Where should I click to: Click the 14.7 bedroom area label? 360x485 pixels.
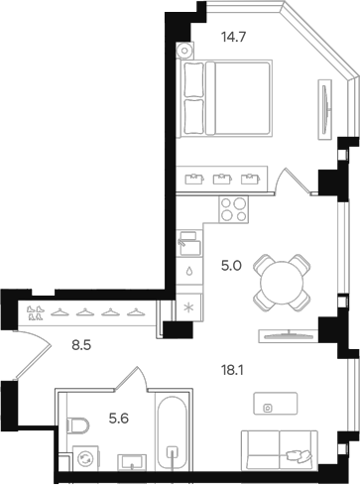point(234,37)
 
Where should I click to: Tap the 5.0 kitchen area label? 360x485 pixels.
point(231,266)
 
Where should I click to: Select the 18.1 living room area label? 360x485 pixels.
point(232,371)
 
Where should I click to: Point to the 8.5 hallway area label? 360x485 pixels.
point(81,346)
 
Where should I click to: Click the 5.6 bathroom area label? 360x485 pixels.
point(119,419)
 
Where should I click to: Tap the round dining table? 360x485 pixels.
point(282,283)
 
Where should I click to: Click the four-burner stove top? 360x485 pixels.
point(233,209)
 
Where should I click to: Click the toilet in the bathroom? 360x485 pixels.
point(77,426)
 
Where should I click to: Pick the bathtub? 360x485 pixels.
point(172,431)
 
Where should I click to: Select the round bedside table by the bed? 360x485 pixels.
point(184,51)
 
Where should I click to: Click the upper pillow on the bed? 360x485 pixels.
point(193,79)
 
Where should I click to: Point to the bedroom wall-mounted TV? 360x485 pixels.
point(325,109)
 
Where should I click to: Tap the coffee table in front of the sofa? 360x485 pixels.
point(276,404)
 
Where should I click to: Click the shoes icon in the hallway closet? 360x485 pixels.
point(36,312)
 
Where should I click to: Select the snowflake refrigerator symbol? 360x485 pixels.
point(189,307)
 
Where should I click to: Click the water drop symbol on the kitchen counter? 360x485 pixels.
point(189,271)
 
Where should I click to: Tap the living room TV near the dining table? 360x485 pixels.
point(289,336)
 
